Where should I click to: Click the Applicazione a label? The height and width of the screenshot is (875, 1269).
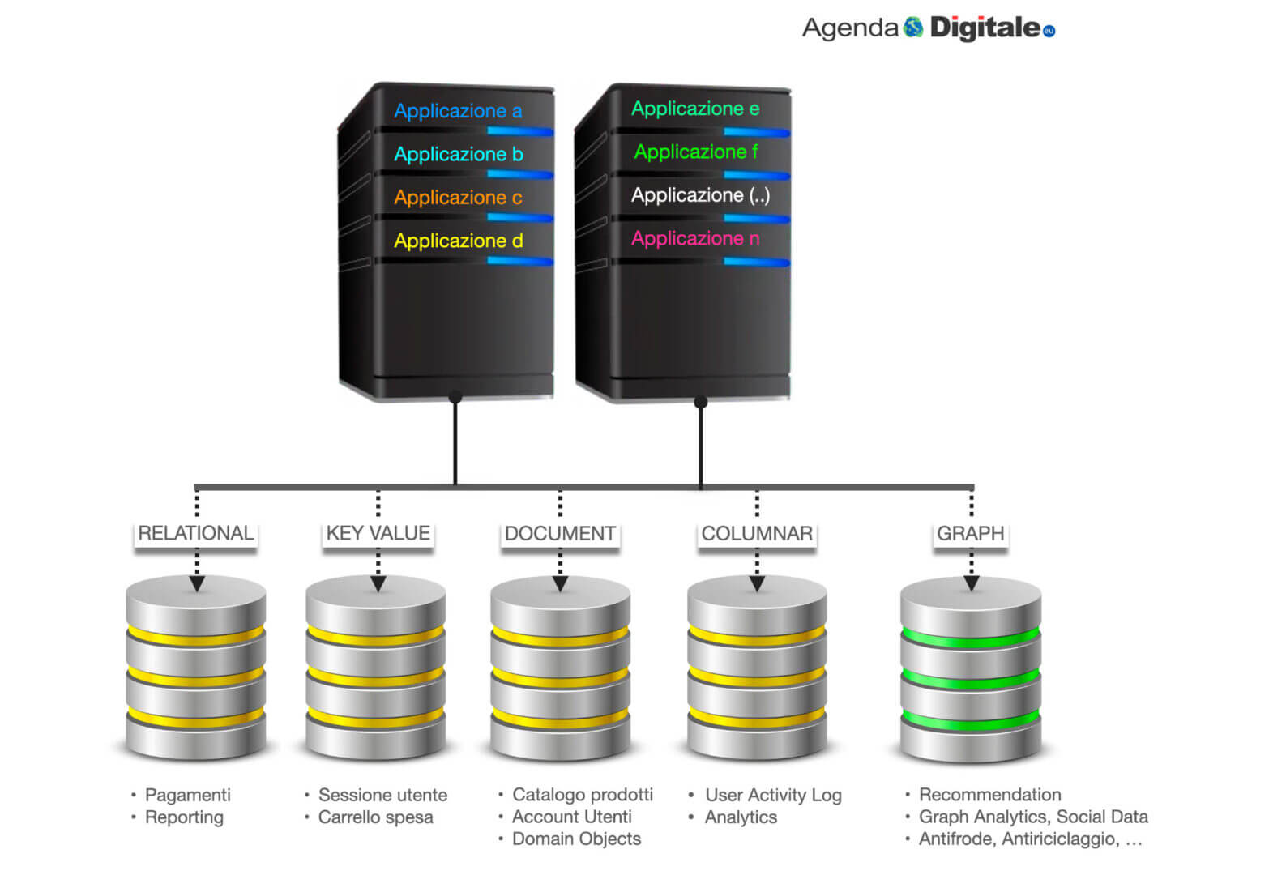tap(458, 111)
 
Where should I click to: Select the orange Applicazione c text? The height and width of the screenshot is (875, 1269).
tap(458, 198)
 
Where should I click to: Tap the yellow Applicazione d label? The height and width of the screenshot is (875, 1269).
tap(458, 241)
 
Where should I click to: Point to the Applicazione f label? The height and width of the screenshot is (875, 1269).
tap(695, 152)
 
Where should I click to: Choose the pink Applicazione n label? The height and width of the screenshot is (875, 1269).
tap(695, 238)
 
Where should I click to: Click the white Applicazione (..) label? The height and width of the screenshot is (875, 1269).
tap(700, 195)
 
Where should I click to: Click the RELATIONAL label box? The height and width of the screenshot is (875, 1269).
tap(195, 533)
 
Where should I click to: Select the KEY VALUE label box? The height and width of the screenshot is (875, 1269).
tap(378, 533)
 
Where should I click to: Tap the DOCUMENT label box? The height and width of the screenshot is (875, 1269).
tap(560, 533)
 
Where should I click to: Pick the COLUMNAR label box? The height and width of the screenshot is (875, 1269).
tap(757, 533)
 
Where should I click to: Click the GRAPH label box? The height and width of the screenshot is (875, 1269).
tap(970, 533)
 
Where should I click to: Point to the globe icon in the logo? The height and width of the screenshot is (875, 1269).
tap(913, 28)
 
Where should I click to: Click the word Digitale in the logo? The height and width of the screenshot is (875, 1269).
tap(985, 28)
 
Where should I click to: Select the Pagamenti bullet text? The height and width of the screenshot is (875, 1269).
tap(187, 795)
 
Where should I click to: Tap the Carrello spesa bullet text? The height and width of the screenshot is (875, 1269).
tap(375, 817)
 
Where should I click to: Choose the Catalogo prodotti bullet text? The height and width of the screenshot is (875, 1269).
tap(582, 795)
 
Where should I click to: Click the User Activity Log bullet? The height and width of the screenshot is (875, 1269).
tap(773, 795)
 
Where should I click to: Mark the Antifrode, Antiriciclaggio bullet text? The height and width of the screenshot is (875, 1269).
tap(1029, 839)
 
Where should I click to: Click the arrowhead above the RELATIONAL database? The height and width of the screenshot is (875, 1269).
tap(197, 583)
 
